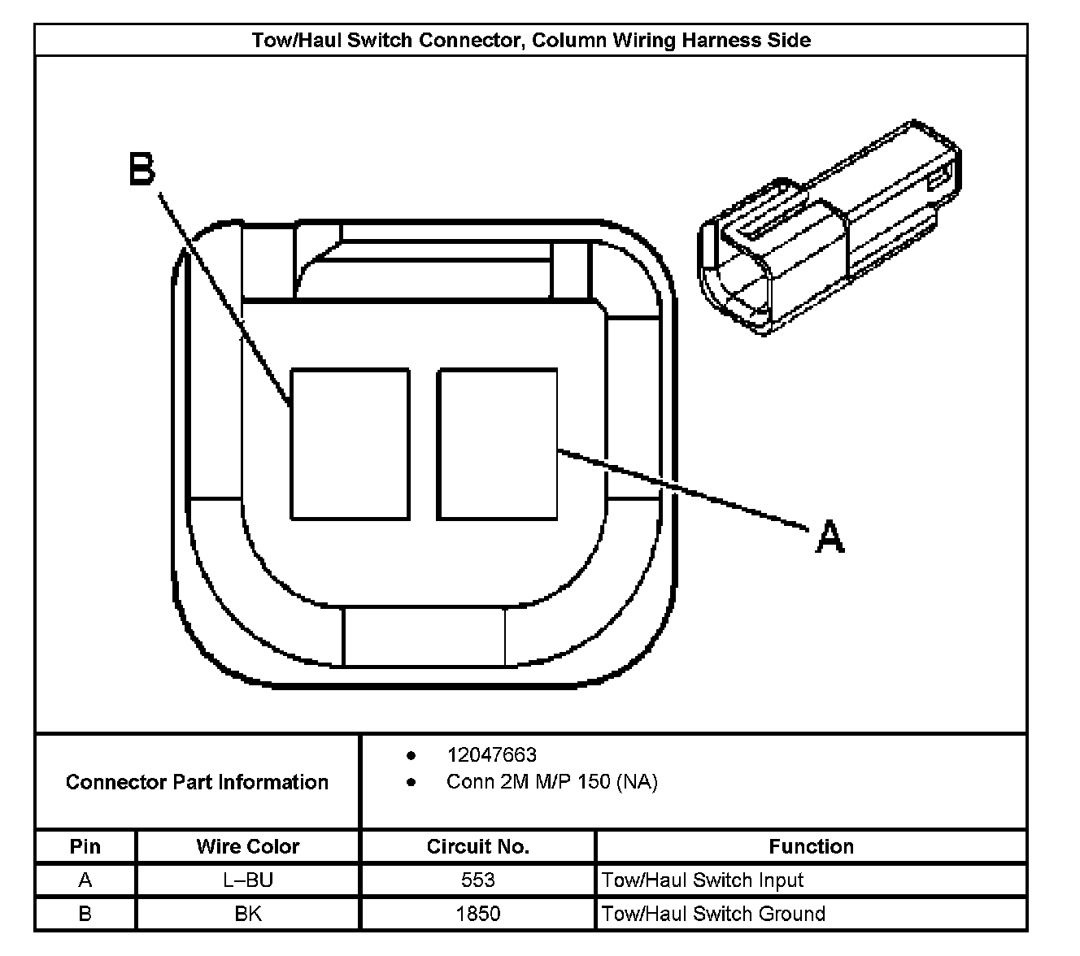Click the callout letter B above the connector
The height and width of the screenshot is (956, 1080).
point(142,170)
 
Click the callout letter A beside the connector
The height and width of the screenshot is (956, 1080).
point(830,537)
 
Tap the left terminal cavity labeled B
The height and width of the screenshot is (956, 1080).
point(350,444)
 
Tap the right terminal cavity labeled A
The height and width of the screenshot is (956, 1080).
point(497,444)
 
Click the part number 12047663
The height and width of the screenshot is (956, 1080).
point(491,754)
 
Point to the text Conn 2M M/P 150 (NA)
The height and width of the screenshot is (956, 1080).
point(551,782)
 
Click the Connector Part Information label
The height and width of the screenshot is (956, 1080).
point(197,782)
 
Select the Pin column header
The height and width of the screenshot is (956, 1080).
point(85,846)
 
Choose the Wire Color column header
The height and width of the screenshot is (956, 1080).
point(248,846)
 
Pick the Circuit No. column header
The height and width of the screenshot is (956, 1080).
point(477,846)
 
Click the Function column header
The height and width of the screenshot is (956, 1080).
point(811,846)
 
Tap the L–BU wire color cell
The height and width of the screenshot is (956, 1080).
point(248,880)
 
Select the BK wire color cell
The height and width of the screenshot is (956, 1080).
point(248,913)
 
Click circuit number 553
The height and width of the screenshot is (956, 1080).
point(477,880)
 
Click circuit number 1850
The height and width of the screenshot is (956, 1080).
point(477,913)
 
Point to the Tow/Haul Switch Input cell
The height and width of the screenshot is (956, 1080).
point(703,880)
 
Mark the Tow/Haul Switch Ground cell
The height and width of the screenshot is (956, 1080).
point(713,913)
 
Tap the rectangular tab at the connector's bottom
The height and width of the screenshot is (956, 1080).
point(425,637)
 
